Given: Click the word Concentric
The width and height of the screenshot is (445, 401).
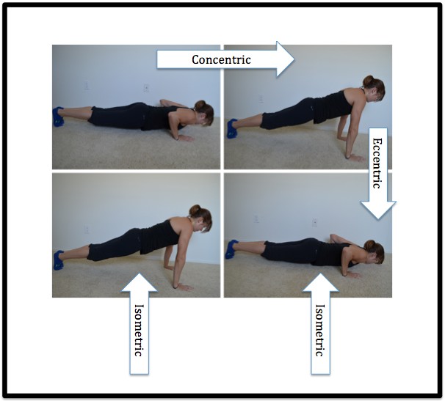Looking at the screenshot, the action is pos(221,59).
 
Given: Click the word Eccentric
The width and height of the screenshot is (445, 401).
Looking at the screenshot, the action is pos(377,163).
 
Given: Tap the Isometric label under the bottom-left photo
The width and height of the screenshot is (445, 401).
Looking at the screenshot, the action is pos(139,330).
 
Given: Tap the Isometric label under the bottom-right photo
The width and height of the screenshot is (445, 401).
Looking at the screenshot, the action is pos(320,330).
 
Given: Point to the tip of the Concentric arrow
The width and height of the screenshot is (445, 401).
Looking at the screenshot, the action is pos(295,59).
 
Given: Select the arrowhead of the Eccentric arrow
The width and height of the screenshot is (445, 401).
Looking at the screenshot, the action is pos(377,210).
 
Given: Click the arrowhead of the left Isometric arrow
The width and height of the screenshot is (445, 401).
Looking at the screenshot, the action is pos(139,282).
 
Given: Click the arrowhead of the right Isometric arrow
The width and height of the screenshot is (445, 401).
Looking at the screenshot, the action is pos(320,282).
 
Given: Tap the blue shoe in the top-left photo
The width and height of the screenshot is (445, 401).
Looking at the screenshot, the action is pos(58,117).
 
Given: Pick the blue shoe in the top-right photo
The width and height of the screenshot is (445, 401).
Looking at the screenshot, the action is pos(232,128).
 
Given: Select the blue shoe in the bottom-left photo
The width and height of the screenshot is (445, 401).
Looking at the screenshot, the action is pos(58,260).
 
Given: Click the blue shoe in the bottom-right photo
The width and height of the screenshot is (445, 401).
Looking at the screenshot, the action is pos(231,249).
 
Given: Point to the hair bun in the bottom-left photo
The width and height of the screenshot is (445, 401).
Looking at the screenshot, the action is pos(195,210).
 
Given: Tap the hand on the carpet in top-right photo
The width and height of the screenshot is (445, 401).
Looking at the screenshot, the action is pos(355,158).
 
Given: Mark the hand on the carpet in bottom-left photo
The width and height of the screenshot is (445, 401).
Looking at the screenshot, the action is pos(184,287).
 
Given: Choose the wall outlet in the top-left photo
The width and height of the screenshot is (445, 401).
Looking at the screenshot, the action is pos(146,88).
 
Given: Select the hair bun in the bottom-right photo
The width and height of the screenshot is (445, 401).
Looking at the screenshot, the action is pos(369,246).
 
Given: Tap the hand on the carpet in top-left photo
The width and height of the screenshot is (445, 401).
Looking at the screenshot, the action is pos(185,139).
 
